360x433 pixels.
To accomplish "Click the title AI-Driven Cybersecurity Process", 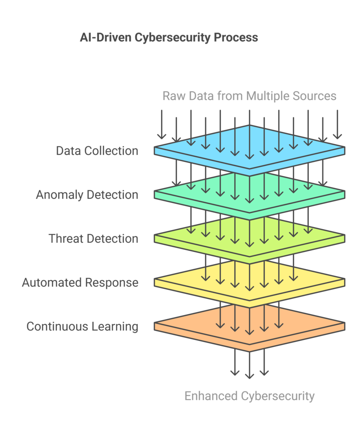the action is (x=169, y=38).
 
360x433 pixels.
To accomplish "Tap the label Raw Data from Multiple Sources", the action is (x=249, y=96).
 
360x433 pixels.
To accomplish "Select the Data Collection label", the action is (x=97, y=151).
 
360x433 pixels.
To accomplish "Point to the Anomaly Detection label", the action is (x=87, y=195).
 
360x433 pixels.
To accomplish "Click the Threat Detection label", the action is (x=93, y=238).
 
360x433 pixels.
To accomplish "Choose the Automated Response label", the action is (x=80, y=283).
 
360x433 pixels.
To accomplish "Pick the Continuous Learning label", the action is (x=82, y=327).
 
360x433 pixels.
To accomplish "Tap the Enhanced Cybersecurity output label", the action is (x=250, y=396).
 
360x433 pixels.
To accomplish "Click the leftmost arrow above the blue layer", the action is (x=162, y=124).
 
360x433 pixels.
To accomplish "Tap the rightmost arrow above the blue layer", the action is (x=337, y=124).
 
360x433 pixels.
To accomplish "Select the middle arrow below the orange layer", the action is (x=250, y=364).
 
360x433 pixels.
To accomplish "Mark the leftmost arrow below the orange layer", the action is (x=235, y=362).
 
